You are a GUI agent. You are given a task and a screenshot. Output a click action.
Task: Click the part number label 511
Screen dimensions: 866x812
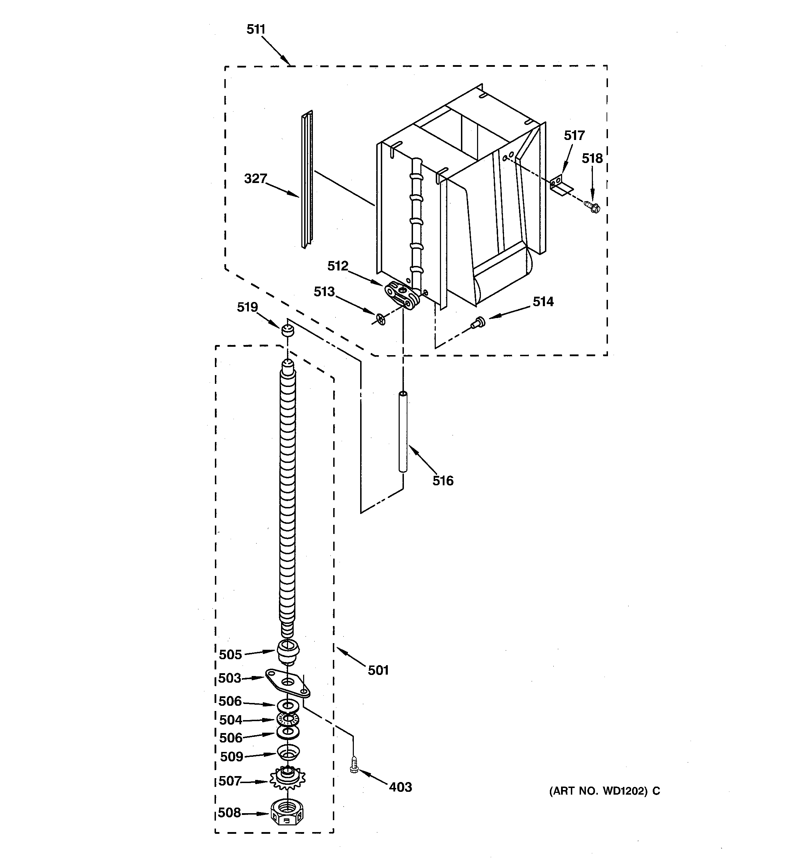pos(256,29)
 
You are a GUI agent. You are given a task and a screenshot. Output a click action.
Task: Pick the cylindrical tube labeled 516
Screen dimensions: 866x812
pos(403,432)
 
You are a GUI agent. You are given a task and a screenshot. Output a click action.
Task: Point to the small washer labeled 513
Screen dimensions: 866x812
pos(380,321)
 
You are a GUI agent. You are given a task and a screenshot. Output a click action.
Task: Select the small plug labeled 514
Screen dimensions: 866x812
pos(478,322)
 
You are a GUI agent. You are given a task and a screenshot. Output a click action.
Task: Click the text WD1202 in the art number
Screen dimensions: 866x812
pos(625,791)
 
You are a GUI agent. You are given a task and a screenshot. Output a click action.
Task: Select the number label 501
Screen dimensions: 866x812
pos(378,670)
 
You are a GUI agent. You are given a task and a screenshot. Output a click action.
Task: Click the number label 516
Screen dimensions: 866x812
pos(443,481)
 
